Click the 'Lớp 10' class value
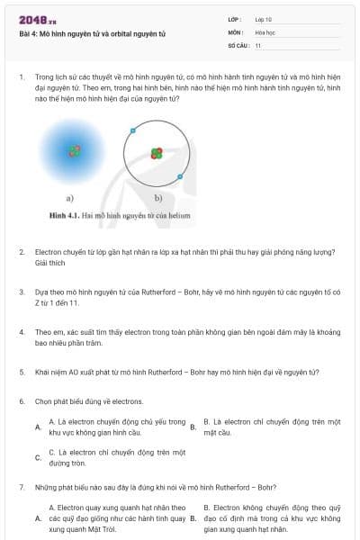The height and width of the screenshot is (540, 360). (264, 18)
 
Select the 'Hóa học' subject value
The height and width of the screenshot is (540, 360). (265, 31)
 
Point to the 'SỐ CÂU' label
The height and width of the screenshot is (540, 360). (238, 45)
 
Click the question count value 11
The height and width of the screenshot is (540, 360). (258, 45)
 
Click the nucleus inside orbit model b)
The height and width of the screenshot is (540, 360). (157, 153)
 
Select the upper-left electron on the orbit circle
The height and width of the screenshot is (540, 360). (132, 131)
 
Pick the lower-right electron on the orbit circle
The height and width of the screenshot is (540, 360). (181, 176)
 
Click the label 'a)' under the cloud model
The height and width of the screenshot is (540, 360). (69, 198)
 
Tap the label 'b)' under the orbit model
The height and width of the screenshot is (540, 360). (157, 198)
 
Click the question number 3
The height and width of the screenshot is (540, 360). (21, 292)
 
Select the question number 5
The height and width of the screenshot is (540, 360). (21, 372)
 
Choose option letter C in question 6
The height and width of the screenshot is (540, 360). (38, 457)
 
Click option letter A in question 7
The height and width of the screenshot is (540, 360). (38, 518)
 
